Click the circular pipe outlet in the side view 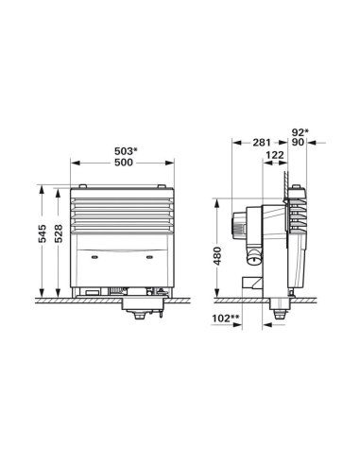pyautogui.click(x=254, y=257)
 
